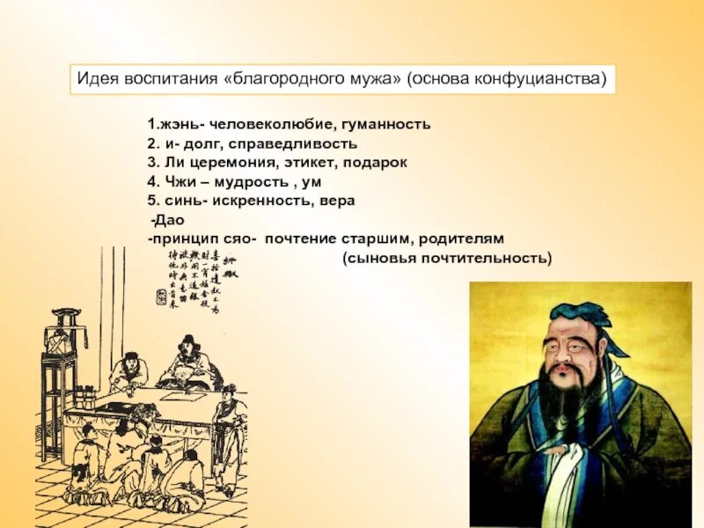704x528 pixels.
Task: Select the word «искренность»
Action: [x=253, y=201]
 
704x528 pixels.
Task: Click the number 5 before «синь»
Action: [x=151, y=201]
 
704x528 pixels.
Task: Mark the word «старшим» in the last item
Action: [x=382, y=238]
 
